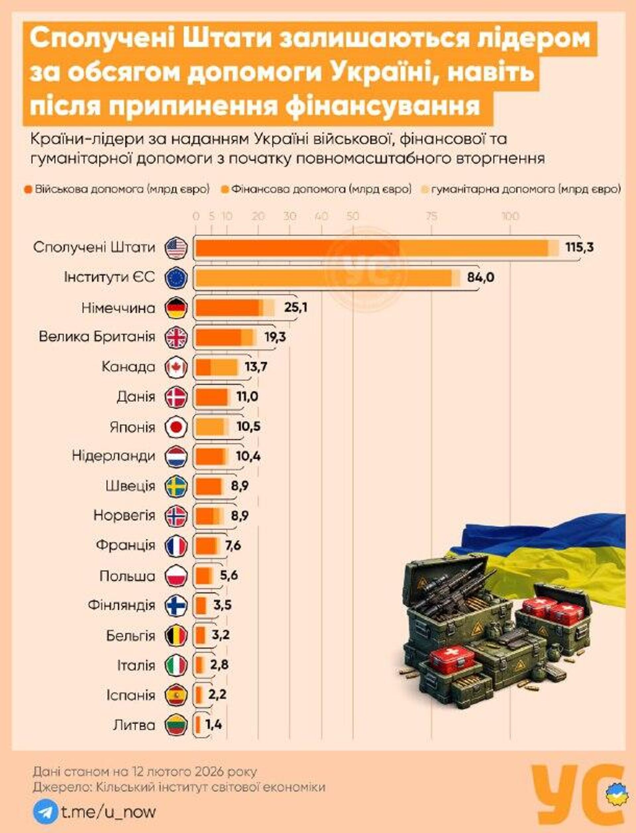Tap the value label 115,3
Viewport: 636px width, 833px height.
(x=579, y=248)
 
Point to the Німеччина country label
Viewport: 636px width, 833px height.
(x=118, y=308)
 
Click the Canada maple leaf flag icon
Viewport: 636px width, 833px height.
(x=176, y=367)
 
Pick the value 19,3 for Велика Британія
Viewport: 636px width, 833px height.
(x=275, y=337)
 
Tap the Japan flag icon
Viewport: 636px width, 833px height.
(x=176, y=427)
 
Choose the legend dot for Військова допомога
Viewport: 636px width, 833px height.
(x=28, y=189)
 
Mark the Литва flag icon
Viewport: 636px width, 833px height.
(x=176, y=725)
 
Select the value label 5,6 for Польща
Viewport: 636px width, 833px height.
(x=229, y=576)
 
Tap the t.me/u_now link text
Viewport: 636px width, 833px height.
(x=108, y=811)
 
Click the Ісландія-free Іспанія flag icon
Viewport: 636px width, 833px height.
(x=176, y=695)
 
